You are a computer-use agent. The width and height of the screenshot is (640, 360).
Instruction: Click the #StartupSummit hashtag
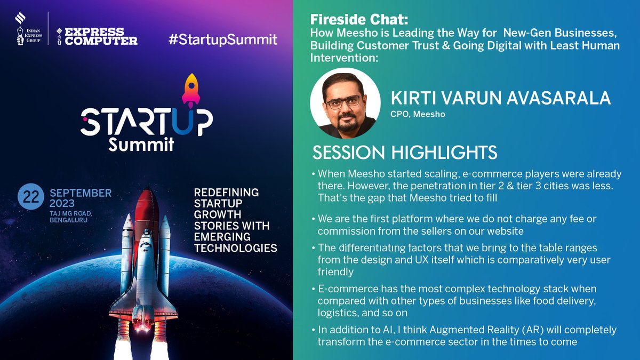click(222, 39)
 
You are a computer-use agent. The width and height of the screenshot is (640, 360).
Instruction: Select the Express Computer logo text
click(101, 36)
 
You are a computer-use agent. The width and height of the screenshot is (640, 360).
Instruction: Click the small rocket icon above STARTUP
click(190, 89)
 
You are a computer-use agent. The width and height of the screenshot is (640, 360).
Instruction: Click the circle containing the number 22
click(31, 197)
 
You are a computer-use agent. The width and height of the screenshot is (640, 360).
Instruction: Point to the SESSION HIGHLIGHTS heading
click(405, 153)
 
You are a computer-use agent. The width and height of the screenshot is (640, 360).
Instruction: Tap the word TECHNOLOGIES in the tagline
click(235, 248)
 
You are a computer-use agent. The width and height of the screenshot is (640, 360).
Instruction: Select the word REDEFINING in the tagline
click(226, 192)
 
